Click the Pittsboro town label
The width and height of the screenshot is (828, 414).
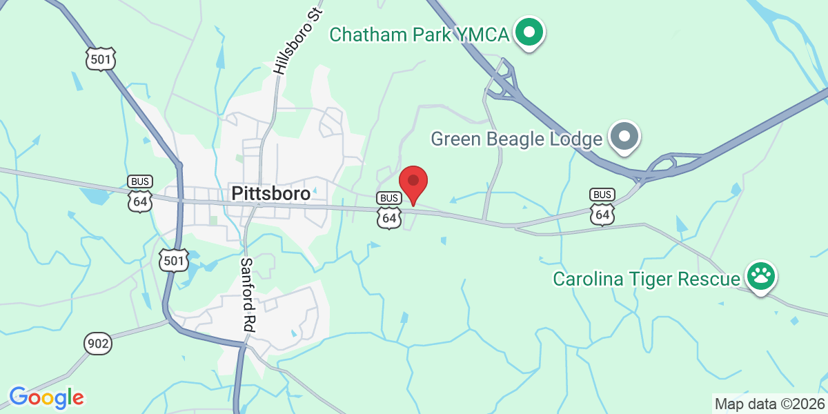click(x=270, y=193)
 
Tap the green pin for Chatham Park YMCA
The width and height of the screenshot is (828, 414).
click(x=529, y=32)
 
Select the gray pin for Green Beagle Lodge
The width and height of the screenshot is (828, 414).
click(x=625, y=136)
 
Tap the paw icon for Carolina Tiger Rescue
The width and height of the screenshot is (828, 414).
click(x=761, y=277)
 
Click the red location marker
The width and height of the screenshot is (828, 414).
click(x=413, y=181)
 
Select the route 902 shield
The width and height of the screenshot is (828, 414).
click(x=98, y=343)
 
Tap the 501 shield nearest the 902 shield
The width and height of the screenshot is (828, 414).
click(x=172, y=259)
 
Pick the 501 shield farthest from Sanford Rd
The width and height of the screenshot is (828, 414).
click(x=101, y=59)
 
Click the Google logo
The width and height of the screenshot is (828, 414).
click(x=46, y=397)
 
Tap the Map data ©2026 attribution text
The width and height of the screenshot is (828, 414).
click(x=769, y=404)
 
